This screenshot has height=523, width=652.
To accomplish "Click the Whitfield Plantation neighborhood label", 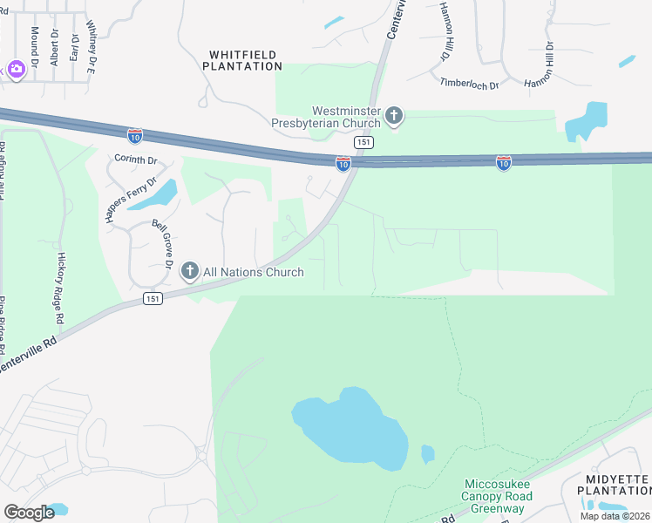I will point(245,60).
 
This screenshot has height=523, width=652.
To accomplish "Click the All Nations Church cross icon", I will point(189,273).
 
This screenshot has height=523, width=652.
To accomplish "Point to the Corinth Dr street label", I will point(135,160).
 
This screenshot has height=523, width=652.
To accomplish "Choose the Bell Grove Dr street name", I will point(163,244).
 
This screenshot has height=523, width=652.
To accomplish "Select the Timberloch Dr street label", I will point(469,85).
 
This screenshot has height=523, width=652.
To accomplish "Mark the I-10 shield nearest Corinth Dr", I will point(134,136).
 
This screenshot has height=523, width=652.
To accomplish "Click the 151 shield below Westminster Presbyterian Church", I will point(363,141).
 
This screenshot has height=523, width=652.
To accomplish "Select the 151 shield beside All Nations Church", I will point(153,299).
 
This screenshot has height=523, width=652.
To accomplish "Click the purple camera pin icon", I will point(16,69).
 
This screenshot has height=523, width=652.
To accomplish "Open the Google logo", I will point(29,513).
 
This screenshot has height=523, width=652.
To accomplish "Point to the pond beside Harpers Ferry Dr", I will point(154,195).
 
